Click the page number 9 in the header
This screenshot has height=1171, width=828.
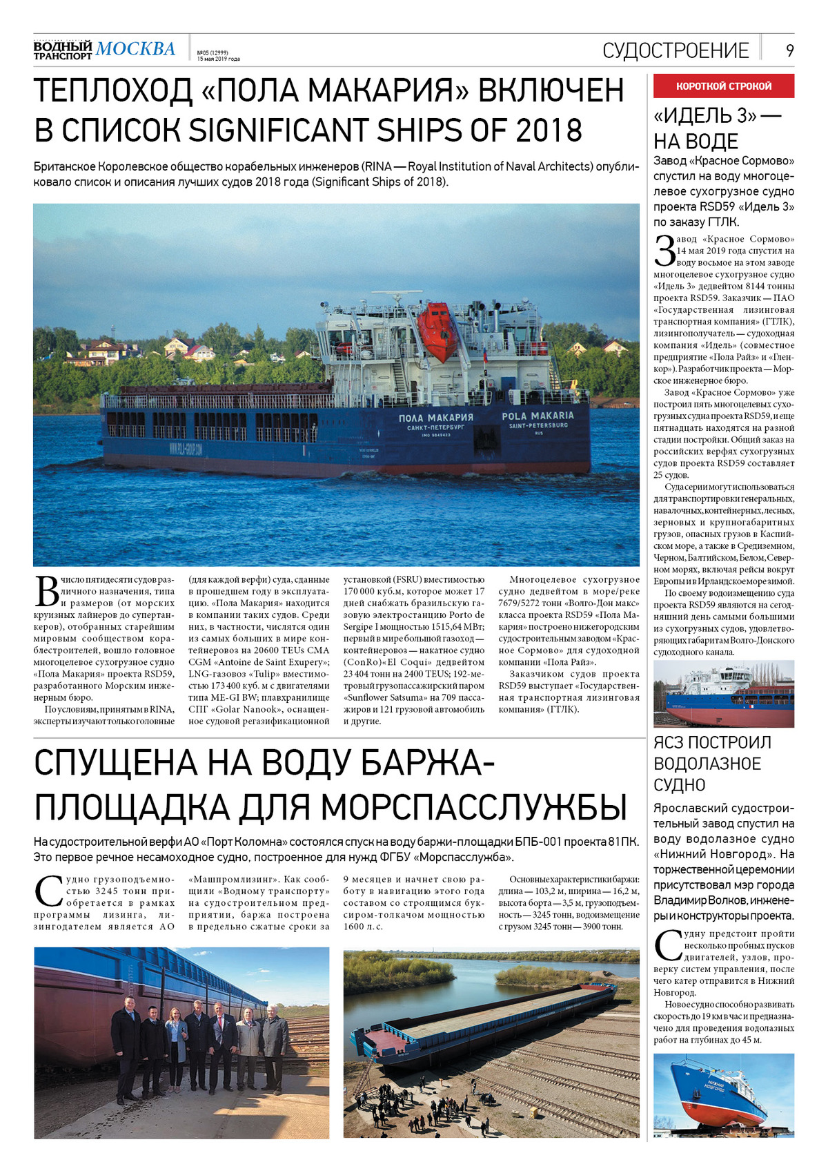click(x=789, y=50)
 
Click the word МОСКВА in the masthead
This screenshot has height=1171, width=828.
click(x=135, y=49)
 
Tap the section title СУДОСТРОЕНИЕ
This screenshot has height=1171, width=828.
click(x=676, y=50)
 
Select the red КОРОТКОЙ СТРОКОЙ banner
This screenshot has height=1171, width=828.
click(x=724, y=86)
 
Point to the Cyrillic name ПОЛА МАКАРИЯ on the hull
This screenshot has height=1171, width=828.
click(x=436, y=418)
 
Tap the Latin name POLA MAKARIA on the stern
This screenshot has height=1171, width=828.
click(x=538, y=416)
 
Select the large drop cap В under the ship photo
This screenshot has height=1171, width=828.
click(x=46, y=592)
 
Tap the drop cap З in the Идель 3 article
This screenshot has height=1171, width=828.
click(x=664, y=251)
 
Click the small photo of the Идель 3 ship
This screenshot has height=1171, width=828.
click(x=724, y=693)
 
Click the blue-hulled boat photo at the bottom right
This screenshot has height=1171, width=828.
click(x=724, y=1095)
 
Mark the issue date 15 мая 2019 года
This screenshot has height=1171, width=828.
click(x=219, y=59)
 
